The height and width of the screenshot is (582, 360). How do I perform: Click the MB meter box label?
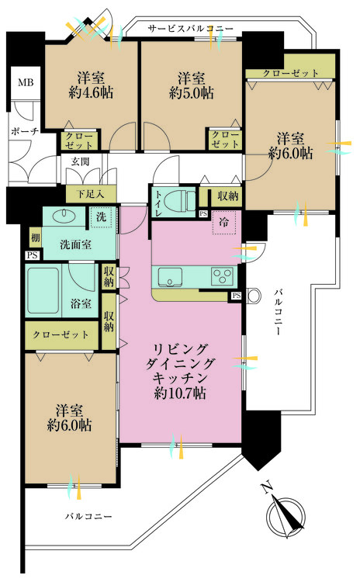pos(26,82)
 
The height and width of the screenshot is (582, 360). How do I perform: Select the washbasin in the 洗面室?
pos(65,215)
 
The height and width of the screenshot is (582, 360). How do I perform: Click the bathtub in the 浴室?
pos(43,291)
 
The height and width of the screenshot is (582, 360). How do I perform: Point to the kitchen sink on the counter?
pos(170,277)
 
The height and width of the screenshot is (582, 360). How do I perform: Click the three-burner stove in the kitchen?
pos(222,276)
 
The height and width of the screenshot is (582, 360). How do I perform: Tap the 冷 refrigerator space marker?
pos(223,223)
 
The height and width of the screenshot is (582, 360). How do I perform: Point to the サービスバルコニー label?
pos(190,29)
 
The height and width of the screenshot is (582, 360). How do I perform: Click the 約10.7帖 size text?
pos(180,393)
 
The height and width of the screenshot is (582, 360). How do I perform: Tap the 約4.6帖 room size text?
pos(91,93)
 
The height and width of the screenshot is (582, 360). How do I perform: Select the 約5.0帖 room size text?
pos(192,93)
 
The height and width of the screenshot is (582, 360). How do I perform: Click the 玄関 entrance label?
pos(81,161)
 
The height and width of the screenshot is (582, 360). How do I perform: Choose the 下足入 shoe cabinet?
pos(91,194)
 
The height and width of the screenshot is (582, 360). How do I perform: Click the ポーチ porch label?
pos(25,131)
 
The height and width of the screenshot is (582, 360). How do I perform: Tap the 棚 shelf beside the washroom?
pos(35,237)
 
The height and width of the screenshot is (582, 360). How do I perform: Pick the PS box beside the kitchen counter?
pos(237,296)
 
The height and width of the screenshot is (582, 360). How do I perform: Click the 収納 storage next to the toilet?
pos(227,196)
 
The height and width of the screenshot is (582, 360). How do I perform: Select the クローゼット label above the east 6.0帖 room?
pos(291,73)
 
